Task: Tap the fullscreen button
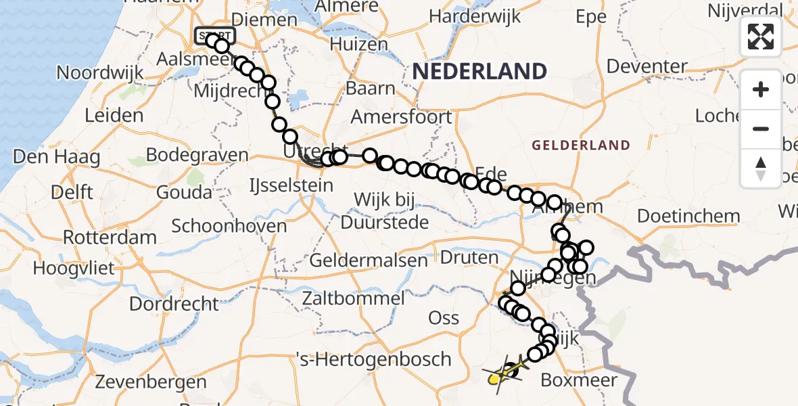pos(761,37)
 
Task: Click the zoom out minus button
pos(761,129)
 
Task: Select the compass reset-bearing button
pos(761,168)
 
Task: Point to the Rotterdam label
pos(110,238)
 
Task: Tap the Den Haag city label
pos(57,158)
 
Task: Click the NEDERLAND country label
pos(479,71)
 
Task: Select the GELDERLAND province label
pos(581,145)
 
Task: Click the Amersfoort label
pos(402,116)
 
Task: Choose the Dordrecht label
pos(174,303)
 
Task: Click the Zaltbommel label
pos(354,298)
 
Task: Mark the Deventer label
pos(647,66)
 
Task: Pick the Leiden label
pos(114,115)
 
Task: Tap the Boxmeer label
pos(579,380)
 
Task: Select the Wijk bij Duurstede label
pos(385,210)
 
